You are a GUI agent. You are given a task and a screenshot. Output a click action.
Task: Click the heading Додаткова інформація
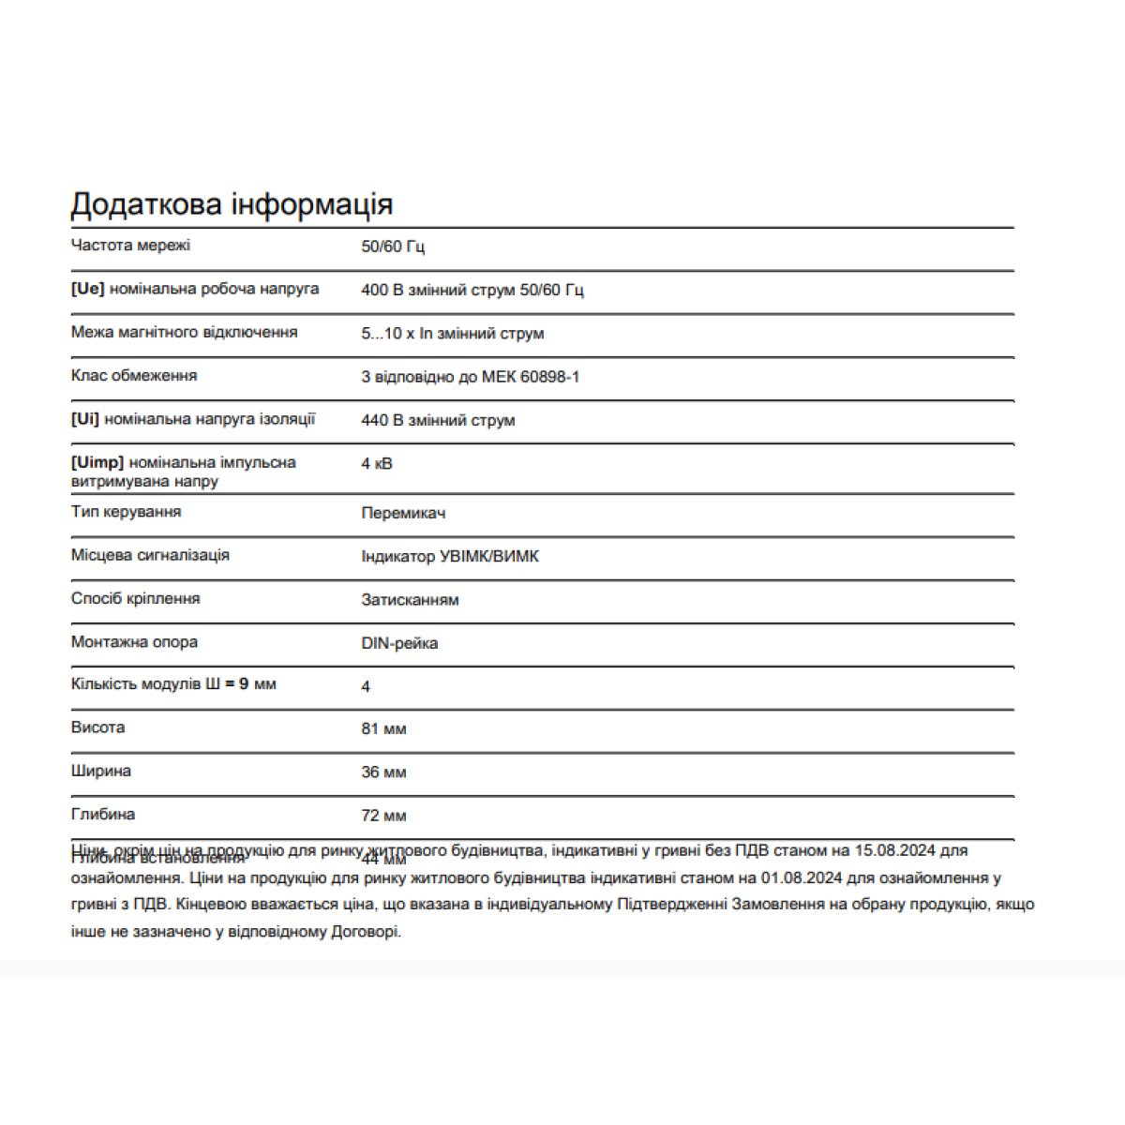pyautogui.click(x=232, y=204)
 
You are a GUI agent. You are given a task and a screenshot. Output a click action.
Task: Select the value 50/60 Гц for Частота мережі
pyautogui.click(x=393, y=247)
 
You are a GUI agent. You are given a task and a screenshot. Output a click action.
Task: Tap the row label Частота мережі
pyautogui.click(x=130, y=246)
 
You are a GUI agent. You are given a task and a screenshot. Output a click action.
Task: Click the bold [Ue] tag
pyautogui.click(x=87, y=289)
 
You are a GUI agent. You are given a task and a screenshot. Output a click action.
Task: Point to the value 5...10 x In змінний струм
pyautogui.click(x=452, y=334)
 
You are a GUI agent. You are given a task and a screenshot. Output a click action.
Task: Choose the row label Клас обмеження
pyautogui.click(x=134, y=376)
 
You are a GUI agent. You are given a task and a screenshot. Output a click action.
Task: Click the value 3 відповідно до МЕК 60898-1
pyautogui.click(x=470, y=377)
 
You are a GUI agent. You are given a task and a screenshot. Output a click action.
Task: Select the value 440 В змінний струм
pyautogui.click(x=438, y=420)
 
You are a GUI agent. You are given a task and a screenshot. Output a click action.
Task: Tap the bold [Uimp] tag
pyautogui.click(x=97, y=462)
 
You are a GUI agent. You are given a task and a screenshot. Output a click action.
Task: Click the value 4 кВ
pyautogui.click(x=377, y=463)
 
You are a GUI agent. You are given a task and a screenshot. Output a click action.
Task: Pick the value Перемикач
pyautogui.click(x=403, y=513)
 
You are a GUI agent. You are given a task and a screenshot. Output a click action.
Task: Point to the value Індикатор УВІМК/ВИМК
pyautogui.click(x=450, y=556)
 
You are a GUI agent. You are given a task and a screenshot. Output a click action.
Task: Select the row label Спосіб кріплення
pyautogui.click(x=135, y=598)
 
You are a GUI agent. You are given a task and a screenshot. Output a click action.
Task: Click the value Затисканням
pyautogui.click(x=410, y=600)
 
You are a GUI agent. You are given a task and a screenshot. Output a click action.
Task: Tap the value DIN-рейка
pyautogui.click(x=399, y=643)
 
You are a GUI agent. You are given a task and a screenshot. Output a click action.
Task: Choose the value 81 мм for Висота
pyautogui.click(x=383, y=728)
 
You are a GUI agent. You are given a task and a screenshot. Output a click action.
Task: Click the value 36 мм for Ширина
pyautogui.click(x=383, y=772)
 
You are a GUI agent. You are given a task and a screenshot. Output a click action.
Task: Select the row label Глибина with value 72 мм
pyautogui.click(x=103, y=815)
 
